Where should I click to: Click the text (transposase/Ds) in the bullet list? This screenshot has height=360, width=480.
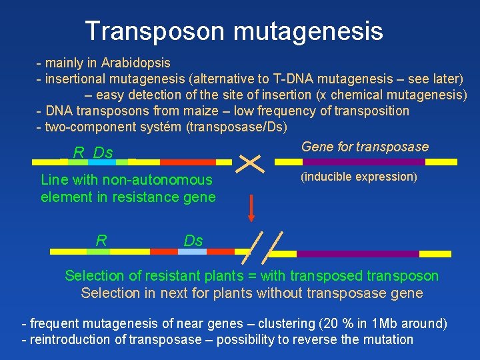point(242,127)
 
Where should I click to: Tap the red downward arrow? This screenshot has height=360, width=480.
point(251,207)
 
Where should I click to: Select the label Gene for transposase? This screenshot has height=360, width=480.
point(365,147)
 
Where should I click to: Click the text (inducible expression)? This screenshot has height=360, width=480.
point(359,177)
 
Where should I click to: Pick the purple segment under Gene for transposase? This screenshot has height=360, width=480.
point(364,162)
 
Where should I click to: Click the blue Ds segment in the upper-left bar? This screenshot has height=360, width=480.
point(103,162)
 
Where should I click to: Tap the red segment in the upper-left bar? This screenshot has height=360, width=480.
point(179,162)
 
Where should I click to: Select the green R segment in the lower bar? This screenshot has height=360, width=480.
point(98,252)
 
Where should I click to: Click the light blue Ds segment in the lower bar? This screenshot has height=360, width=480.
point(192,252)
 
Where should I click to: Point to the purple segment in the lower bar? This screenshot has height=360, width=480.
point(357,253)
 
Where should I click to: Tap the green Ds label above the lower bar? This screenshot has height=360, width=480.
point(193,239)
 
